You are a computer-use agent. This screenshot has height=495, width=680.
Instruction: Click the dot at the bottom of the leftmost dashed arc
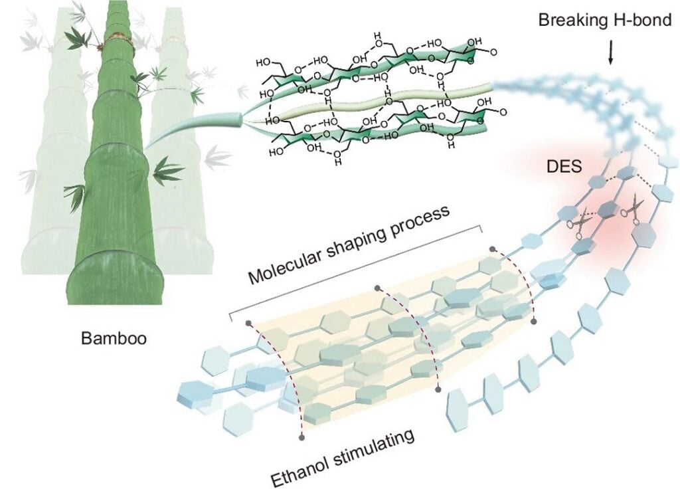tap(302, 437)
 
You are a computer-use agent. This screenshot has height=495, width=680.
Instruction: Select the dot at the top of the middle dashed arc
tap(377, 288)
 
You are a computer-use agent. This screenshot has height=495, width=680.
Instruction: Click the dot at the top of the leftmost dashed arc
tap(248, 324)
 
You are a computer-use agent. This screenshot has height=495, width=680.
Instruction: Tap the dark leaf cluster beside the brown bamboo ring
tap(78, 39)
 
